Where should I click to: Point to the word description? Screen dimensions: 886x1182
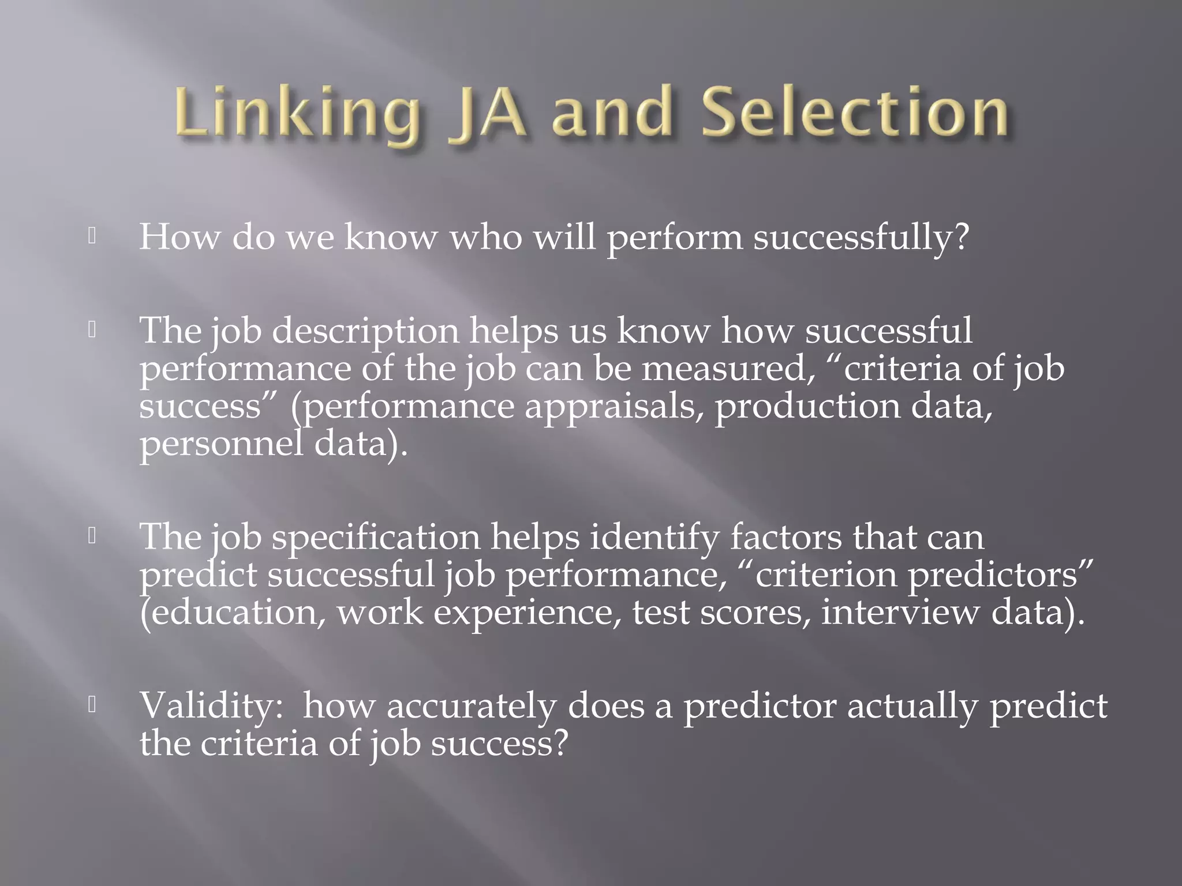365,332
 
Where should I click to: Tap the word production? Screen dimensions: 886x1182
807,407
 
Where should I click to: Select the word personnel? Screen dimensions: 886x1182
221,444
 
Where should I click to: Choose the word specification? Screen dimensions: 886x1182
376,538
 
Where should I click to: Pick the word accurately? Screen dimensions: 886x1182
471,706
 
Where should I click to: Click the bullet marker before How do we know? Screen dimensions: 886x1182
91,236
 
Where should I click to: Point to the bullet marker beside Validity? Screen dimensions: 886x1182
91,705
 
